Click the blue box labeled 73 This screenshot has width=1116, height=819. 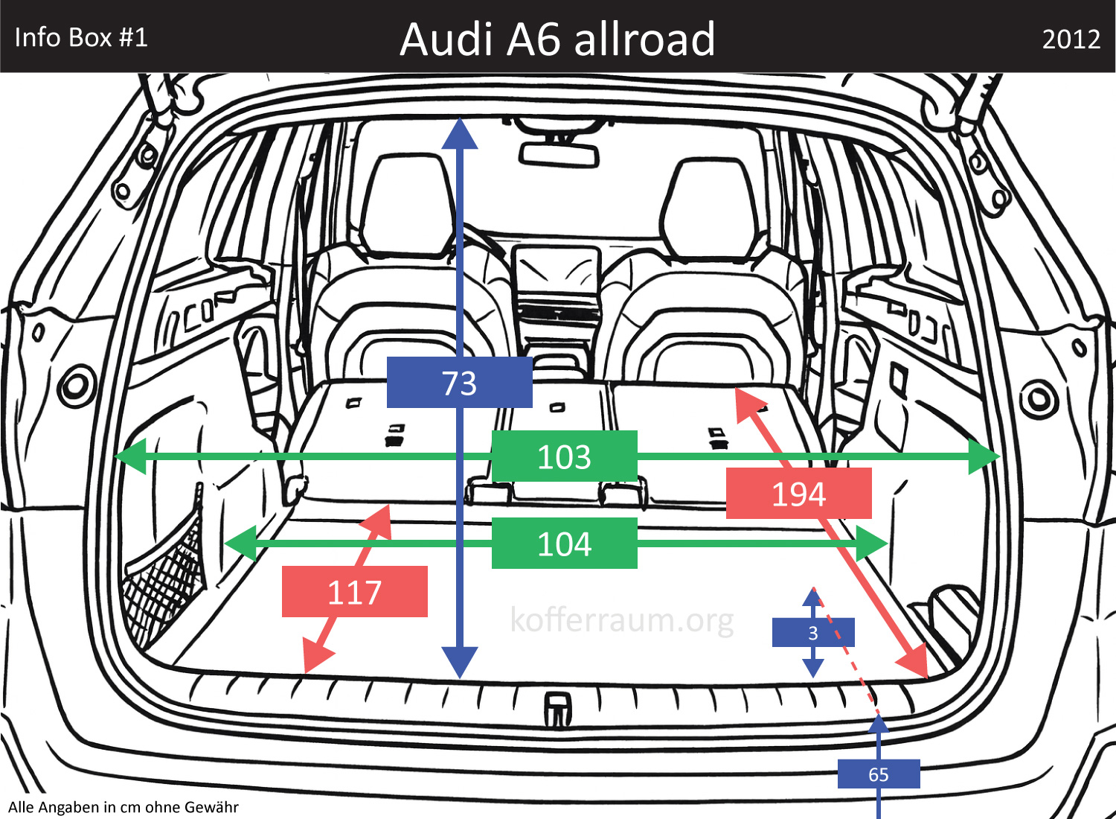[x=459, y=383]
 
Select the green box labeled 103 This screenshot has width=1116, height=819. [x=564, y=456]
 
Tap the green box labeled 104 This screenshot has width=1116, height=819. [x=564, y=544]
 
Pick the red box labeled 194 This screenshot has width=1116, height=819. [x=798, y=494]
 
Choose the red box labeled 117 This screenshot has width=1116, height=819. [x=354, y=592]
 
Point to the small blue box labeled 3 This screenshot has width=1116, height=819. [x=813, y=633]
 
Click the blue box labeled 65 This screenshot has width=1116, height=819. [x=879, y=774]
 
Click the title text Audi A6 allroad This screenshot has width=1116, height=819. [x=557, y=39]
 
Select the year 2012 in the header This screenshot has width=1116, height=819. [x=1071, y=39]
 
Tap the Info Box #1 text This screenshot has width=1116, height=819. [x=81, y=37]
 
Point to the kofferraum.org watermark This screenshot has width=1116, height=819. [x=622, y=619]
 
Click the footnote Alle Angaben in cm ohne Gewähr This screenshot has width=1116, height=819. [x=124, y=807]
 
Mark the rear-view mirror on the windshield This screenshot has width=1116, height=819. [x=559, y=155]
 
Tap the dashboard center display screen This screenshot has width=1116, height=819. [x=556, y=270]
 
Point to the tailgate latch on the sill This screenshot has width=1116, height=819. [x=557, y=708]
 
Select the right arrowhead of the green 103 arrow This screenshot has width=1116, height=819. [x=984, y=456]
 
